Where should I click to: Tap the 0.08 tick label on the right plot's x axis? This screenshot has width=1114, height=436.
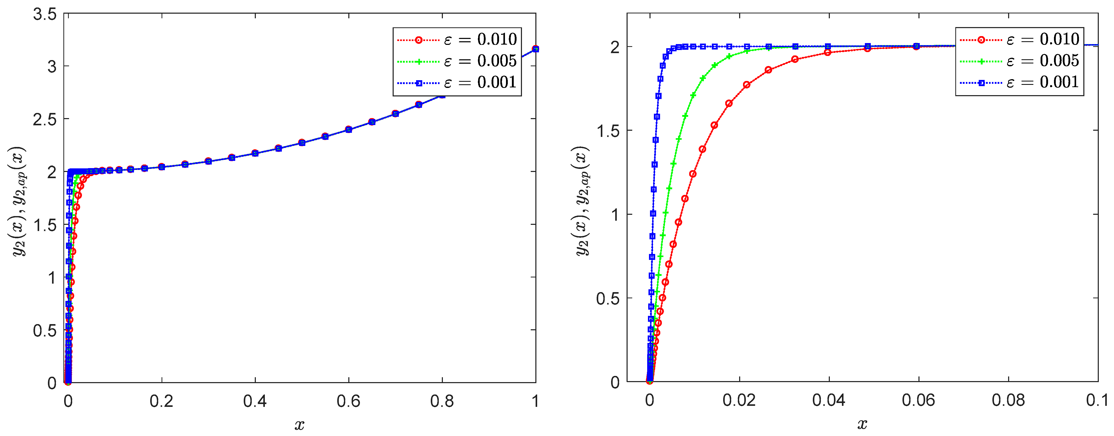tap(1008, 400)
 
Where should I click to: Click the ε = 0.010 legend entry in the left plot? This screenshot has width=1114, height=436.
tap(457, 40)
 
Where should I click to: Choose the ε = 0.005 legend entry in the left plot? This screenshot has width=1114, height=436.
tap(457, 61)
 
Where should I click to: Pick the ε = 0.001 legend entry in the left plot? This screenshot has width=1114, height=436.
tap(457, 82)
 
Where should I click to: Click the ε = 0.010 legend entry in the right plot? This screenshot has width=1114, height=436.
tap(1020, 40)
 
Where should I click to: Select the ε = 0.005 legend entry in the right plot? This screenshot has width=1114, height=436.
tap(1020, 61)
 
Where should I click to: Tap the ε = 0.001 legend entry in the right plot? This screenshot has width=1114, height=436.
tap(1020, 82)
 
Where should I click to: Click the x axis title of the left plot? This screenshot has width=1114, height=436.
tap(299, 425)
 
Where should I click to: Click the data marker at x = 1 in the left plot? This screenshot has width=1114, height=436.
tap(535, 49)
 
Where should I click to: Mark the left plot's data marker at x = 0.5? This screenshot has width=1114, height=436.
tap(302, 142)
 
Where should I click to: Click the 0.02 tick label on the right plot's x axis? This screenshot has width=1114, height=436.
tap(739, 400)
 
